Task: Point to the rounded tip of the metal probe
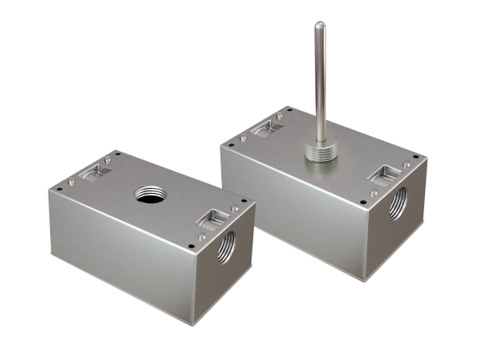pos(319,25)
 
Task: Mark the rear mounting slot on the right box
pos(267,127)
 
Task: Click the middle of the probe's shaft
pos(320,76)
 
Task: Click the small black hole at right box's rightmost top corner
pos(420,156)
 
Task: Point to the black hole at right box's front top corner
pos(362,201)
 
